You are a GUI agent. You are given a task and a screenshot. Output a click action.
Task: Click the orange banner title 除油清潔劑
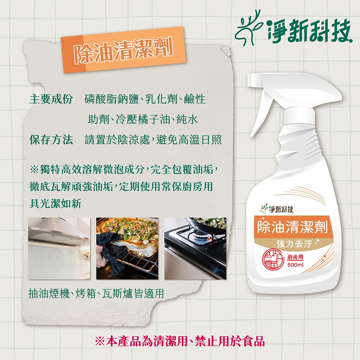[x=123, y=50]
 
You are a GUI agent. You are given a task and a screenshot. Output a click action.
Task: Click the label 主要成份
[x=51, y=99]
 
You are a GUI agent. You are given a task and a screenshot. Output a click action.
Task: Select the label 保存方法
[x=51, y=140]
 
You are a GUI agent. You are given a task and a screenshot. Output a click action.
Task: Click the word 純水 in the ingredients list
[x=187, y=120]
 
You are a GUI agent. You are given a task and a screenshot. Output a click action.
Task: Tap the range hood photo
[x=59, y=248]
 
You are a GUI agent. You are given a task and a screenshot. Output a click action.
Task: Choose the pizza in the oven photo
[x=127, y=248]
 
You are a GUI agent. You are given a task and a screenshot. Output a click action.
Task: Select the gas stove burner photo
[x=195, y=248]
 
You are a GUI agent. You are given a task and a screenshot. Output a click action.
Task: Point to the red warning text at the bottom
[x=180, y=341]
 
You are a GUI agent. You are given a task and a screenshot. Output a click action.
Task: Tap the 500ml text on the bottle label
[x=295, y=265]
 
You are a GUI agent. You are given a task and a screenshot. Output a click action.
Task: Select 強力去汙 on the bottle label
[x=294, y=244]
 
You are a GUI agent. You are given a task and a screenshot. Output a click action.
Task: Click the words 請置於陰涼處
[x=117, y=140]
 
